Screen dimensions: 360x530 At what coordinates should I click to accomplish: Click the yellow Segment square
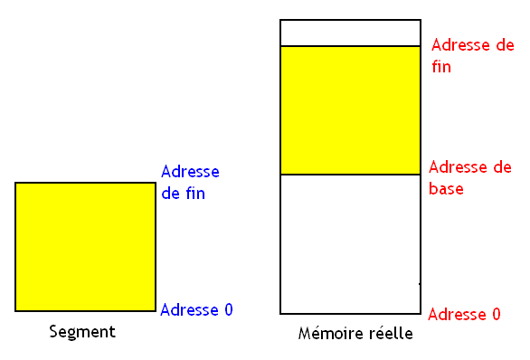pos(86,247)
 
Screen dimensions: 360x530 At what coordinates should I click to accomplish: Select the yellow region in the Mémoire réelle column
pos(350,109)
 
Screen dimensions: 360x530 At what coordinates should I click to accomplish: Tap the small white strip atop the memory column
pos(350,33)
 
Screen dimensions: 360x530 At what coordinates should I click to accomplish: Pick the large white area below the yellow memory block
pos(350,243)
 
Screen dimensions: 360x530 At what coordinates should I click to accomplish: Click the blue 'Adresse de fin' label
pos(190,181)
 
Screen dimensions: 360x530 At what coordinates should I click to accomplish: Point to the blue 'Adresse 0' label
pos(196,310)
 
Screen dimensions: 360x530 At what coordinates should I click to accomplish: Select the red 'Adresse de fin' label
pos(472,55)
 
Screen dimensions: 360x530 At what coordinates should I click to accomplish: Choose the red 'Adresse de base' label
pos(469,178)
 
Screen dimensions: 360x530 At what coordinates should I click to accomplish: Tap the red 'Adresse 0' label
pos(463,315)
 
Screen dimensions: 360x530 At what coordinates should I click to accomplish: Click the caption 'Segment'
pos(82,332)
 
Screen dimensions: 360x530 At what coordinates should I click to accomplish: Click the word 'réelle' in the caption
pos(393,335)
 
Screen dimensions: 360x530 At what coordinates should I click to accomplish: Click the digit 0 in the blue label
pos(228,310)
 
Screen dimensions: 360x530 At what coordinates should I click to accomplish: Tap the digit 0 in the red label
pos(495,315)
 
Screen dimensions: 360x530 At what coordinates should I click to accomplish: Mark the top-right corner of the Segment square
pos(156,183)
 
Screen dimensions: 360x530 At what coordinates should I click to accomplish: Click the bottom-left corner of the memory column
pos(281,313)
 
